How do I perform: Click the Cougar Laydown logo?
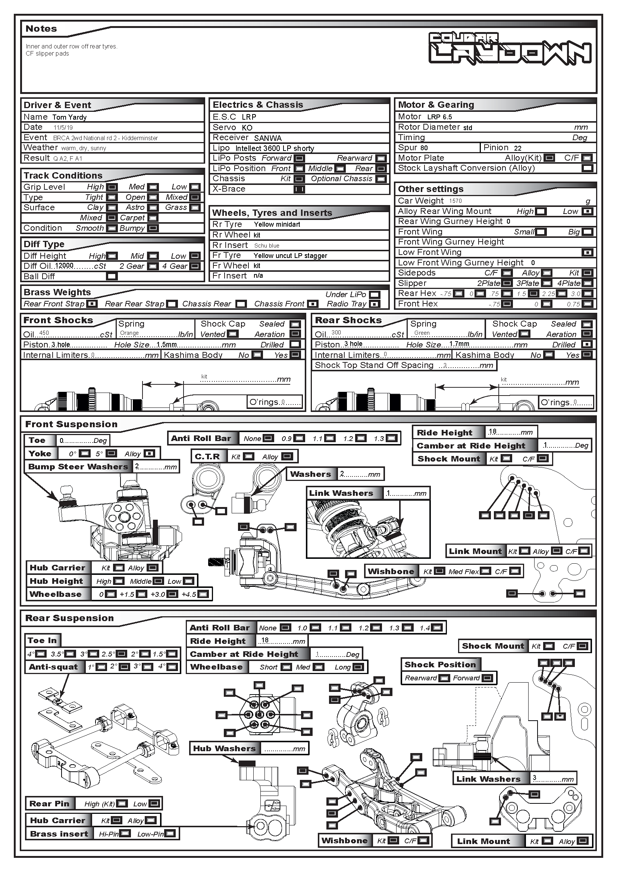click(510, 48)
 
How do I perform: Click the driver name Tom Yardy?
click(69, 117)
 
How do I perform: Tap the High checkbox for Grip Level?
click(112, 187)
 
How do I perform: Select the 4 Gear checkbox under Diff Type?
click(195, 266)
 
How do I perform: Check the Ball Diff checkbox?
click(112, 277)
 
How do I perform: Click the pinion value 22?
click(517, 148)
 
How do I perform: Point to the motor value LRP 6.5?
click(439, 117)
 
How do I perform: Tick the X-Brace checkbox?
click(299, 189)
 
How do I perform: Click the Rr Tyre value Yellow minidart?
click(277, 224)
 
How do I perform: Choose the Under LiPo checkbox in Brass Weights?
click(375, 295)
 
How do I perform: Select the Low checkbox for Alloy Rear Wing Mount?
click(588, 211)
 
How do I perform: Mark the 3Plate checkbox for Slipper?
click(547, 283)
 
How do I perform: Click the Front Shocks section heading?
click(58, 320)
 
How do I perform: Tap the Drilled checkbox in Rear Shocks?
click(587, 344)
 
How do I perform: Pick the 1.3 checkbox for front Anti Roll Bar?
click(391, 438)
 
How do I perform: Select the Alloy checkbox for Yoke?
click(150, 453)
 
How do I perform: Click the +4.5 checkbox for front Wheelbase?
click(203, 594)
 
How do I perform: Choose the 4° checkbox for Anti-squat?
click(172, 667)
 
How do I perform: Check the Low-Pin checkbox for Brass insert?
click(170, 834)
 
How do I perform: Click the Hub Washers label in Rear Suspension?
click(224, 749)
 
